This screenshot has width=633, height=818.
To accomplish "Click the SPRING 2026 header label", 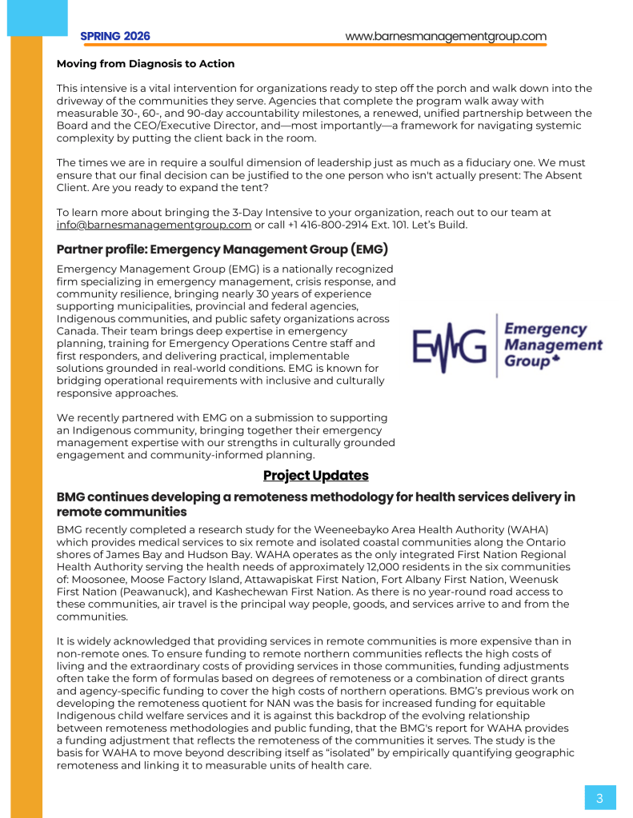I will pos(115,36).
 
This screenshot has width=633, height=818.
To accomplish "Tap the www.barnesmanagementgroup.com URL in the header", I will pos(446,36).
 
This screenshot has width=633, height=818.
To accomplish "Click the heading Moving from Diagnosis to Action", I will pos(146,64).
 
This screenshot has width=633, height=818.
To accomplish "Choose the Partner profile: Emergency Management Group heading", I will pos(222,249).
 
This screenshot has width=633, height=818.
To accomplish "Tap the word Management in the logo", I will pos(554,345).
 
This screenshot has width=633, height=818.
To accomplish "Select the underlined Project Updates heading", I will pos(316,476).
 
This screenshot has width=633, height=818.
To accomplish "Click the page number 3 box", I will pos(599,797).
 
